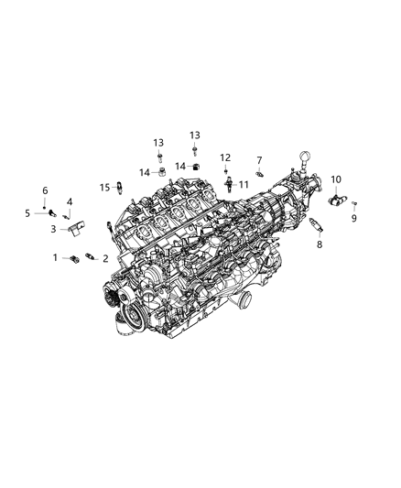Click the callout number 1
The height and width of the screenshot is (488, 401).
click(x=54, y=257)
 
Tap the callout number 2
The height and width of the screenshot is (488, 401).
click(x=105, y=259)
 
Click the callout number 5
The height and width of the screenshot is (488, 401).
click(x=27, y=212)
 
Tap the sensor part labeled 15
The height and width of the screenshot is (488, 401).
click(x=119, y=187)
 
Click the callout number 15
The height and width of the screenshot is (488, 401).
click(x=104, y=187)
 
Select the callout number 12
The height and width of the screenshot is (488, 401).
click(x=225, y=157)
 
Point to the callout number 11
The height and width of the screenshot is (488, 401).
click(x=244, y=184)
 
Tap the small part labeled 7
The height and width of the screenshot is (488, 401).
click(x=260, y=173)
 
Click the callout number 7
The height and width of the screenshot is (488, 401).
click(x=259, y=159)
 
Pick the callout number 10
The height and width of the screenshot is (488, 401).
click(x=336, y=179)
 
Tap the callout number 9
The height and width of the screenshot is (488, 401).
click(x=355, y=219)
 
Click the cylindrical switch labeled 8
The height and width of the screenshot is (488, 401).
click(x=318, y=225)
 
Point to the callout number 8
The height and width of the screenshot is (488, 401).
click(x=319, y=245)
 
